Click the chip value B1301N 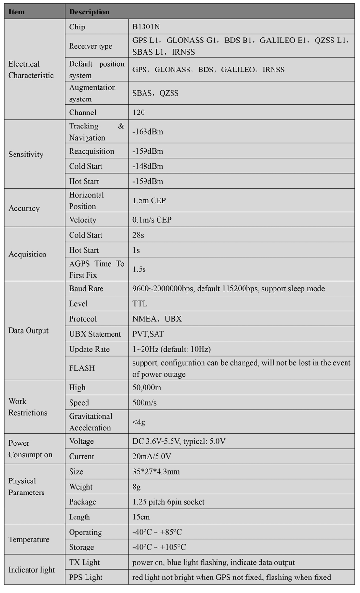pyautogui.click(x=146, y=27)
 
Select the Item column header pyautogui.click(x=16, y=12)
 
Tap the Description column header pyautogui.click(x=89, y=12)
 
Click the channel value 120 pyautogui.click(x=139, y=113)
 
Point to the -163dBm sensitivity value pyautogui.click(x=148, y=132)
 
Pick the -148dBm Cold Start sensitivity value pyautogui.click(x=148, y=166)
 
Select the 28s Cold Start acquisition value pyautogui.click(x=139, y=235)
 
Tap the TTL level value pyautogui.click(x=140, y=304)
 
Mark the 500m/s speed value pyautogui.click(x=144, y=403)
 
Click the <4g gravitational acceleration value pyautogui.click(x=139, y=422)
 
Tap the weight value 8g pyautogui.click(x=137, y=487)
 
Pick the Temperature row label pyautogui.click(x=29, y=539)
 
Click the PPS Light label pyautogui.click(x=86, y=577)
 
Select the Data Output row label pyautogui.click(x=29, y=331)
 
